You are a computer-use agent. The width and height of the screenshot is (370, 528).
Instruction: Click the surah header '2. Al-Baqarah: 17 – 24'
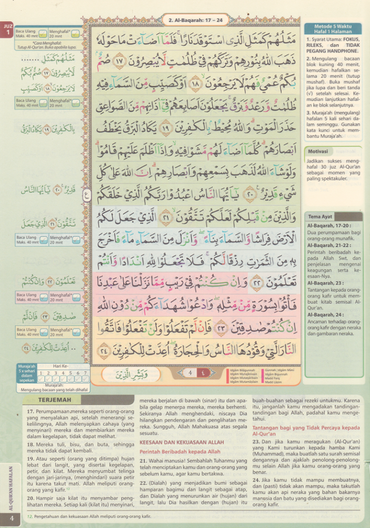point(196,21)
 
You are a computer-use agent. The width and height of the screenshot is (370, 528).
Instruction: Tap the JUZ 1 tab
point(8,30)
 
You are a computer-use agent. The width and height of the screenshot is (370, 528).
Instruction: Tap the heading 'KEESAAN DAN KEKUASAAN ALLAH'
point(182,442)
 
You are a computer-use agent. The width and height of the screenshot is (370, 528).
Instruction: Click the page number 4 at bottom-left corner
point(11,518)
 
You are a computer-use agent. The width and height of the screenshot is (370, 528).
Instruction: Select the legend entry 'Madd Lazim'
point(273,382)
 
